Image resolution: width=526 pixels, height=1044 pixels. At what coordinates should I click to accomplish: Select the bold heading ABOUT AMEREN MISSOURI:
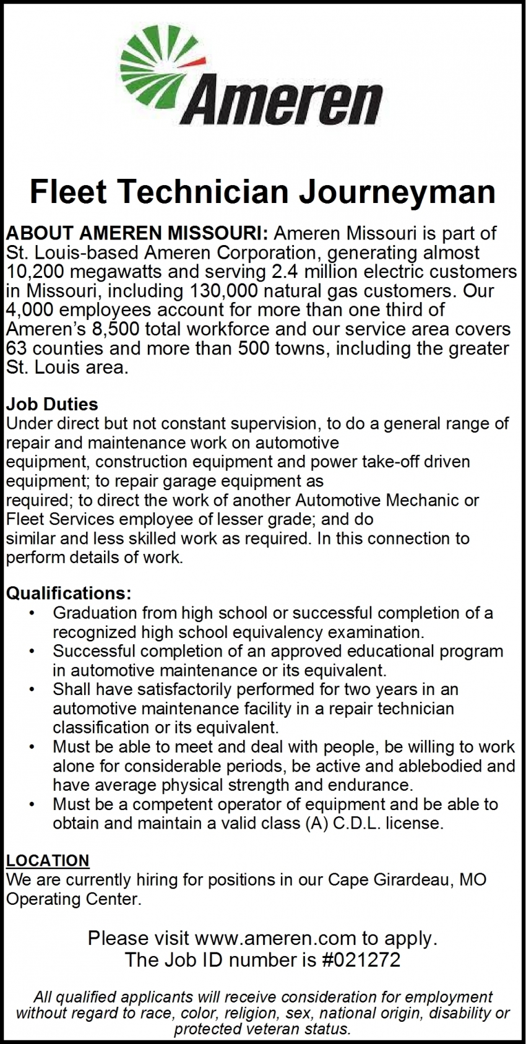point(137,233)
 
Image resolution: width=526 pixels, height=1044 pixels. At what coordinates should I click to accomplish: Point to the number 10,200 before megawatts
point(36,272)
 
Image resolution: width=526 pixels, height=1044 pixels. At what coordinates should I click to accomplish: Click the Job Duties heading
point(52,404)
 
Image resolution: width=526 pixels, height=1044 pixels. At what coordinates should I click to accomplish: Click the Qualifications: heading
point(69,593)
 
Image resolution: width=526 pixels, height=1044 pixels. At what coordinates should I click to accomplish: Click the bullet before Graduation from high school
point(31,613)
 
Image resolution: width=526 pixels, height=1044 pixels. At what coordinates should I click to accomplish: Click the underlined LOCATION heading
point(48,861)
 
